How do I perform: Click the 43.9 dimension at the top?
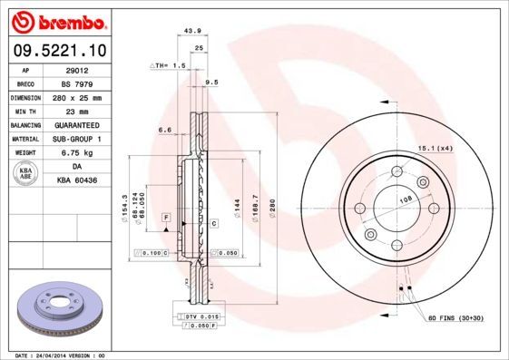pyautogui.click(x=192, y=31)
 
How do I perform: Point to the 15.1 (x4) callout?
pyautogui.click(x=435, y=147)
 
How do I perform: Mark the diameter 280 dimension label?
pyautogui.click(x=271, y=208)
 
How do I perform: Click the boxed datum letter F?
pyautogui.click(x=167, y=219)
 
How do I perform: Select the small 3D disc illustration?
pyautogui.click(x=55, y=308)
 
